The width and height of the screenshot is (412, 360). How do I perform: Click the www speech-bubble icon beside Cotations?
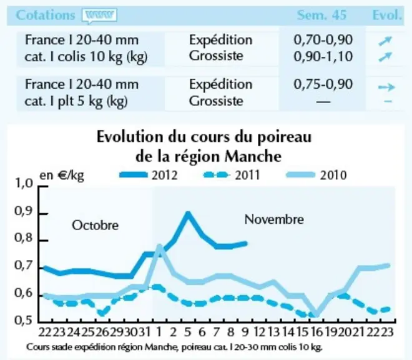coord(99,16)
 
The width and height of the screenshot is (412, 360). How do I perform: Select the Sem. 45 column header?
coord(321,15)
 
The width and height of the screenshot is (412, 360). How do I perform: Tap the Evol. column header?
coord(387,15)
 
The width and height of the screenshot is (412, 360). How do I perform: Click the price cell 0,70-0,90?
coord(323,40)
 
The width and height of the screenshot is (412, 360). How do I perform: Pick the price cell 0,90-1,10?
coord(323,57)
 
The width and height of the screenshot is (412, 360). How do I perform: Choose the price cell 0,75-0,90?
coord(323,84)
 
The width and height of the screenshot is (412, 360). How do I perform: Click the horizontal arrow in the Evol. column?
coord(386,87)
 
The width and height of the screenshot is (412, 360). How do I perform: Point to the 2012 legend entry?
coord(149,175)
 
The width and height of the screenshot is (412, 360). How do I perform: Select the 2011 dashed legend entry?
coord(232,175)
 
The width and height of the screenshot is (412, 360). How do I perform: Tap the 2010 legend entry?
coord(316,175)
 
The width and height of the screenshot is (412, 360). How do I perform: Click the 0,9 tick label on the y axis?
coord(24,212)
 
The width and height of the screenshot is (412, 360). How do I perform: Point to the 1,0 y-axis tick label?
coord(24,183)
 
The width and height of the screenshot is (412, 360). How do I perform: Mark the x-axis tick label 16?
coord(317,332)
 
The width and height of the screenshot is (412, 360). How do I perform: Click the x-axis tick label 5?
coord(188,332)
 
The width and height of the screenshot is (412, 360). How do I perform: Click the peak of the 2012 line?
coord(188,213)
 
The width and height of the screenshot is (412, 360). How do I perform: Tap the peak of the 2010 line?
coord(159,247)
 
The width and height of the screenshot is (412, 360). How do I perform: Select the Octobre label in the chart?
coord(95,226)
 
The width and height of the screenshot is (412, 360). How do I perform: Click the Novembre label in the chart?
coord(274,219)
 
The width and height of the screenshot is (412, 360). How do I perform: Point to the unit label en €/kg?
coord(62,176)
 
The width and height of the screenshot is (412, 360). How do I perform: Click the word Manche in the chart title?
coord(253,157)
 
